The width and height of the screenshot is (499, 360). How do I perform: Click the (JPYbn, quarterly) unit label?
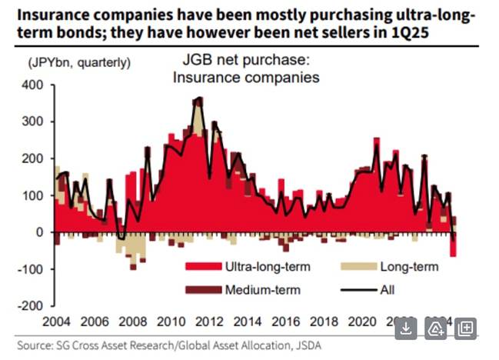pyautogui.click(x=81, y=62)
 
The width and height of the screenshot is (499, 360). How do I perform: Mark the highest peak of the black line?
pyautogui.click(x=200, y=98)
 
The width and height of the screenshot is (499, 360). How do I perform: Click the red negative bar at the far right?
pyautogui.click(x=453, y=244)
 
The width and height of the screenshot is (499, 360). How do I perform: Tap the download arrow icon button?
pyautogui.click(x=407, y=329)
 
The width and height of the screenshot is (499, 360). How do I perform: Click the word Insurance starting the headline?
pyautogui.click(x=45, y=15)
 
